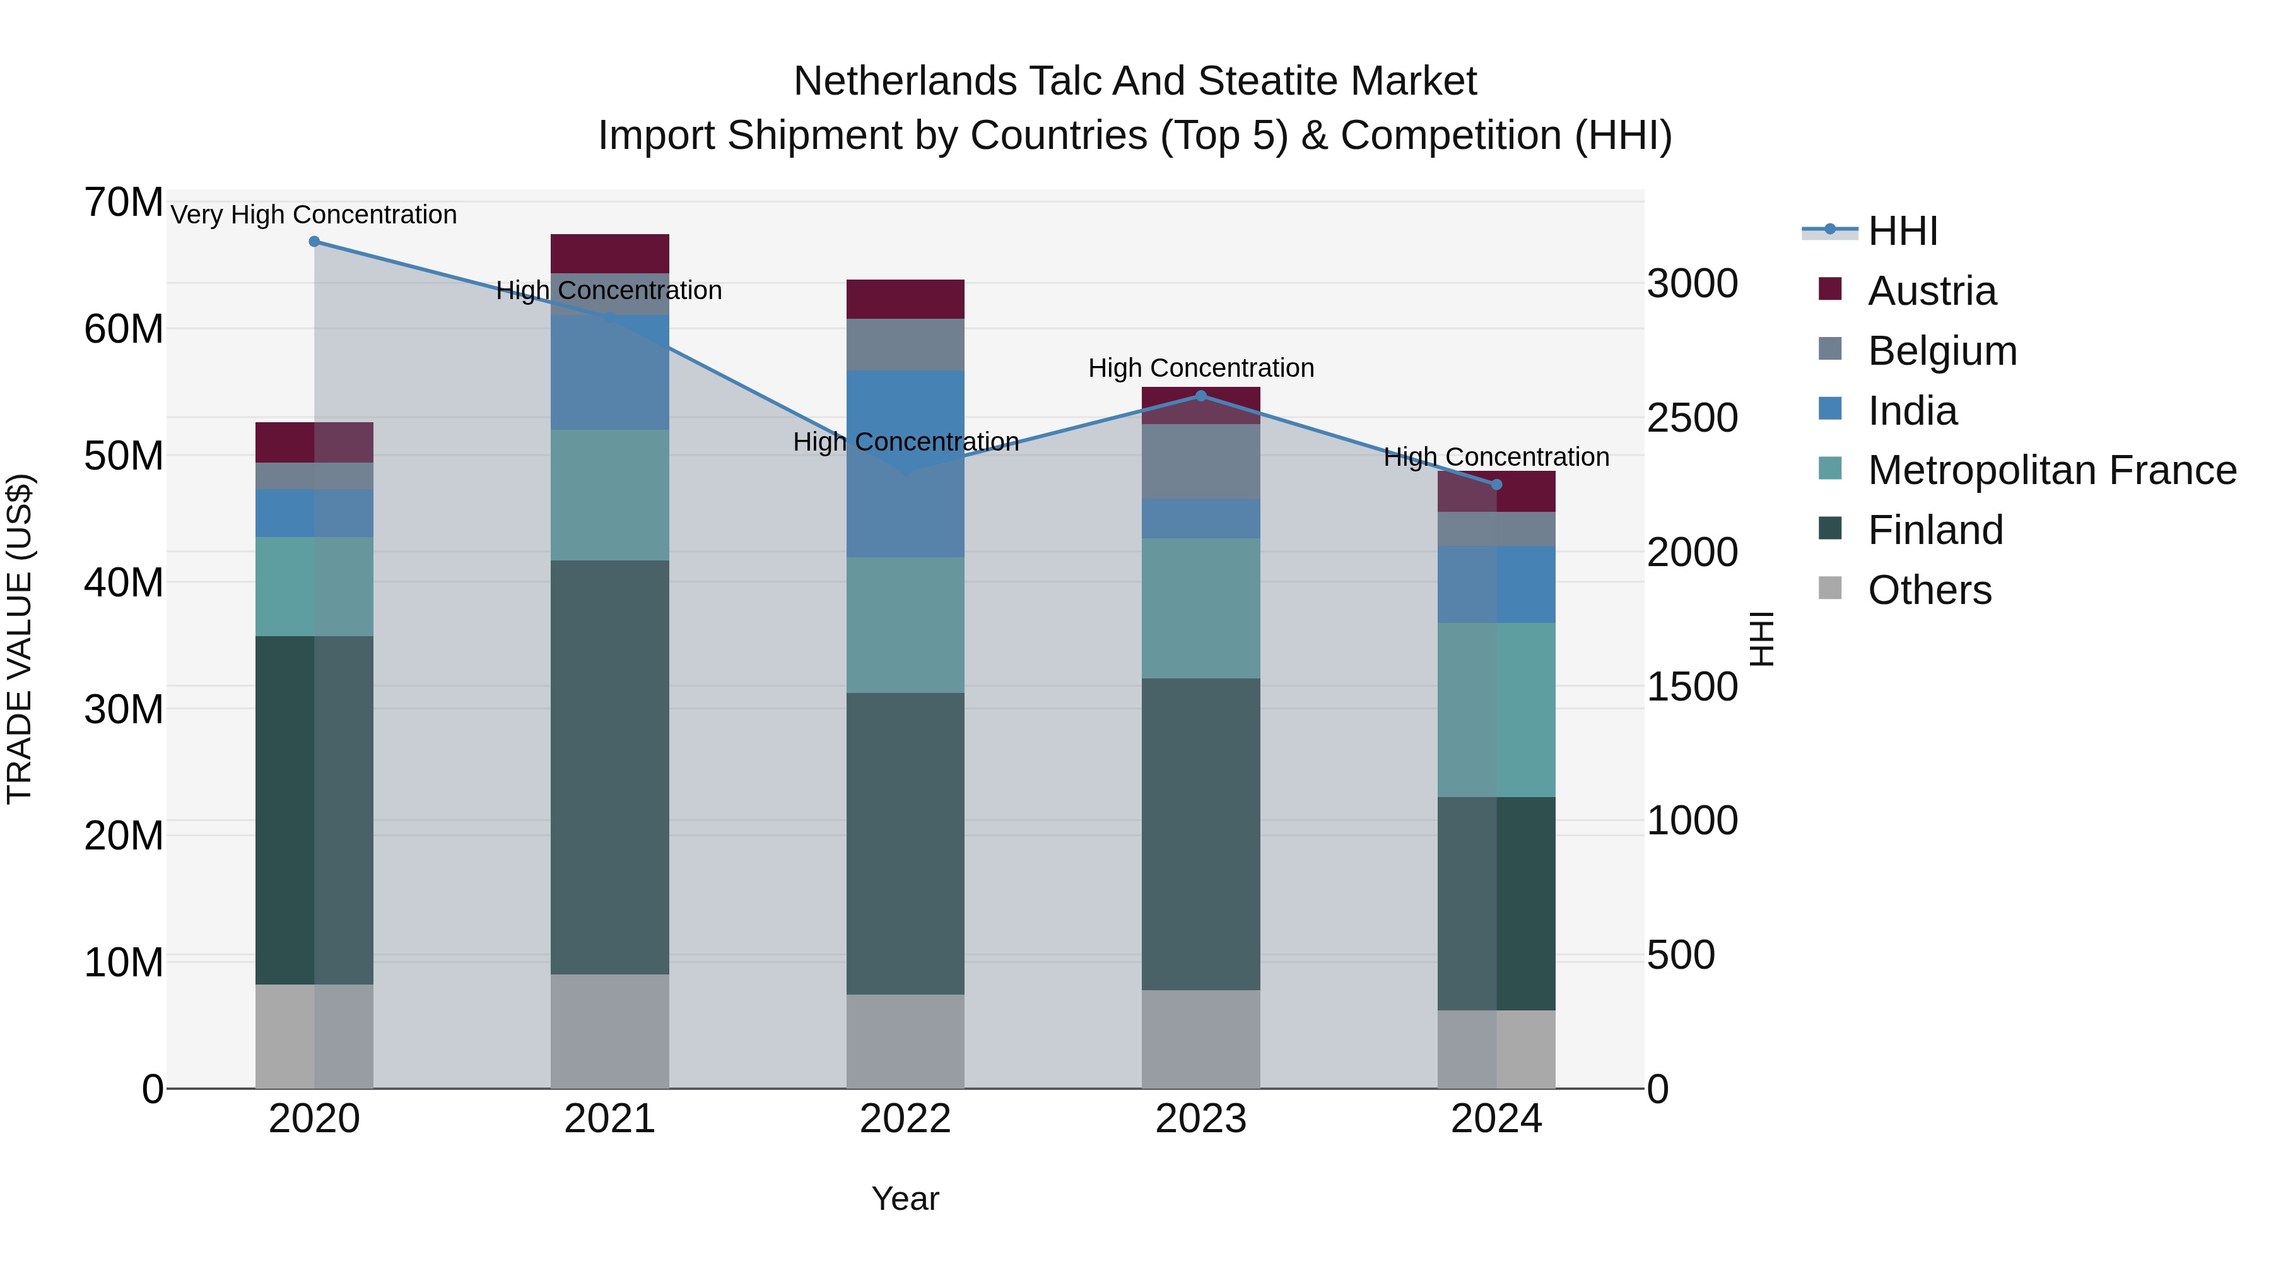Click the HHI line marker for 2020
[x=314, y=242]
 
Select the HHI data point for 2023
[x=1200, y=396]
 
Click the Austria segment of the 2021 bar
[x=609, y=254]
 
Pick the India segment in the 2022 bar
[x=905, y=464]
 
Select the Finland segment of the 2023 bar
[x=1200, y=834]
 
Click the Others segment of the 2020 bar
[x=314, y=1036]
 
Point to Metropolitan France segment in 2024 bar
[x=1496, y=710]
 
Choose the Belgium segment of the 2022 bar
[x=905, y=345]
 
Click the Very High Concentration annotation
[x=314, y=215]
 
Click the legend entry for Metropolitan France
[x=2051, y=470]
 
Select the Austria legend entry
[x=1932, y=291]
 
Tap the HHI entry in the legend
[x=1903, y=231]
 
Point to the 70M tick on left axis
[x=124, y=203]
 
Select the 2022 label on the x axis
[x=905, y=1119]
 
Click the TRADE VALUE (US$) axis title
[x=20, y=639]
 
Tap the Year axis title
[x=905, y=1198]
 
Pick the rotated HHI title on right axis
[x=1761, y=639]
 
